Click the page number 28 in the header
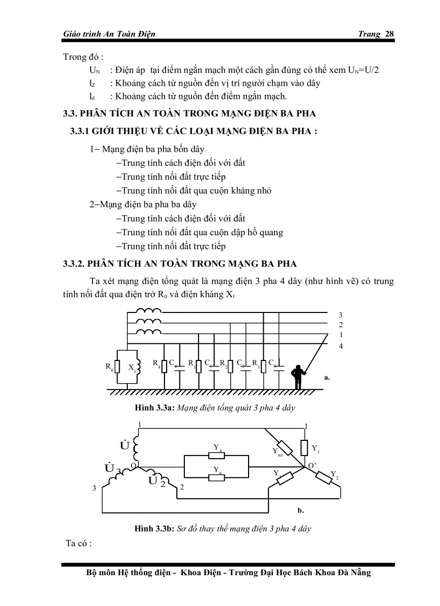pos(389,34)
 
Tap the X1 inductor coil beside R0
pos(138,368)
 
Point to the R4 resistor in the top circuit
pos(164,366)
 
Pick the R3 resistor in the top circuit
pos(263,366)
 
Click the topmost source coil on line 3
pos(148,311)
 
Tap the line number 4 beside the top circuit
pos(340,346)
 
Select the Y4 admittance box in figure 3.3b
pos(216,454)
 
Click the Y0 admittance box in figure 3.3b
pos(216,476)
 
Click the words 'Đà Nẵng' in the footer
pos(353,573)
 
